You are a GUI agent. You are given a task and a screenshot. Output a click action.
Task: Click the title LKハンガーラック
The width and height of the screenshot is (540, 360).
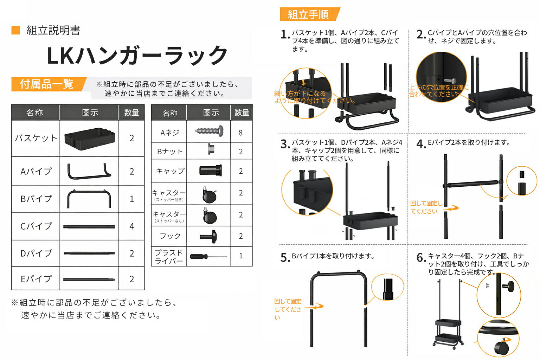(137, 56)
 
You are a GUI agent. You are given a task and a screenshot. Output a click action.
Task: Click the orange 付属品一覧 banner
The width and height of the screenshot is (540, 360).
(48, 84)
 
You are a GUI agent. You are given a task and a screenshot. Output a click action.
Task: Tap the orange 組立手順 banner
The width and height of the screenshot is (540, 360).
(309, 14)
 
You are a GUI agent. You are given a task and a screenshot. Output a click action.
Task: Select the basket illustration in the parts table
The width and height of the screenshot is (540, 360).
(89, 139)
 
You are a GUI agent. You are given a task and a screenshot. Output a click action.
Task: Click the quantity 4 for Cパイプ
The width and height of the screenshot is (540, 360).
(131, 226)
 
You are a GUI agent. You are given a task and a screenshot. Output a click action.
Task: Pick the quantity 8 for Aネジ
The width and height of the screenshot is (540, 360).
(240, 133)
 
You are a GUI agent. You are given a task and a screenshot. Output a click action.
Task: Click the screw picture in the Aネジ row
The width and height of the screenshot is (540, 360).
(209, 131)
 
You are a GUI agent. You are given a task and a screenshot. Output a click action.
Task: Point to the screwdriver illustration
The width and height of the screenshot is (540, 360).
(208, 256)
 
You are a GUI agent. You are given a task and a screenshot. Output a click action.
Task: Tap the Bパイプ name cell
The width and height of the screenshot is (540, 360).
(36, 199)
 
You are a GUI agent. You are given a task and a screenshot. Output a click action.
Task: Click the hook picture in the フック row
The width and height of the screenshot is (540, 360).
(208, 236)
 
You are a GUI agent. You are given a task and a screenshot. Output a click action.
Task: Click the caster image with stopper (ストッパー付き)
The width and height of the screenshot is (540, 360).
(209, 194)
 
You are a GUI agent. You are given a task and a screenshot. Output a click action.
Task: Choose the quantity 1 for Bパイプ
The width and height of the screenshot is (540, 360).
(131, 199)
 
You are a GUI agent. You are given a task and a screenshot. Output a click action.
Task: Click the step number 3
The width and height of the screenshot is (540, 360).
(285, 144)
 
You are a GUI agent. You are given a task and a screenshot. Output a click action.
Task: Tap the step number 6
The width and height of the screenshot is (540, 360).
(421, 258)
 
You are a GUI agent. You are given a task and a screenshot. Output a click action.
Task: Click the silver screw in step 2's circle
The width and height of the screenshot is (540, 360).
(450, 81)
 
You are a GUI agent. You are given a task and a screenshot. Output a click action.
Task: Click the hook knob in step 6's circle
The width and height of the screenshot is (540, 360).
(509, 287)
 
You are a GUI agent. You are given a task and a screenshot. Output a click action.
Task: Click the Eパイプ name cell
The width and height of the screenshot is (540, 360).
(36, 278)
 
